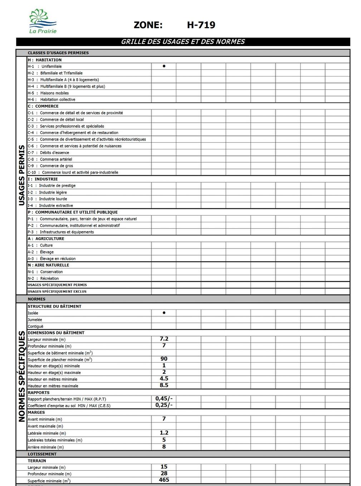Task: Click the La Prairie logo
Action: [43, 21]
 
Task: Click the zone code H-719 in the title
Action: [201, 25]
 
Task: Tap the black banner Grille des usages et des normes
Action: [183, 42]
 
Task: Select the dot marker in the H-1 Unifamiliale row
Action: [164, 66]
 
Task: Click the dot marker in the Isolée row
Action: [164, 313]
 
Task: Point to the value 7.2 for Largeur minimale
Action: [164, 339]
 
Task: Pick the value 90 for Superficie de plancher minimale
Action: [164, 359]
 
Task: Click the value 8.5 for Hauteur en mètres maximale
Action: [164, 385]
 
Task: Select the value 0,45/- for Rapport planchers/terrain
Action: [164, 398]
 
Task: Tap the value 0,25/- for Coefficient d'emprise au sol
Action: [164, 405]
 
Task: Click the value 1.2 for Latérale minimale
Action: [164, 433]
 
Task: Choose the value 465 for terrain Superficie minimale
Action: [164, 480]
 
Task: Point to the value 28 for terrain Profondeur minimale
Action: [164, 473]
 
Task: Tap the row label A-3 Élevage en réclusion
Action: [52, 259]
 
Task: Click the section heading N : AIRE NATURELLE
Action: [48, 265]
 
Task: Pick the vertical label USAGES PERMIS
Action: [21, 175]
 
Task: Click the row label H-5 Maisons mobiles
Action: [48, 93]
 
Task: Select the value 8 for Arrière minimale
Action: [164, 447]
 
